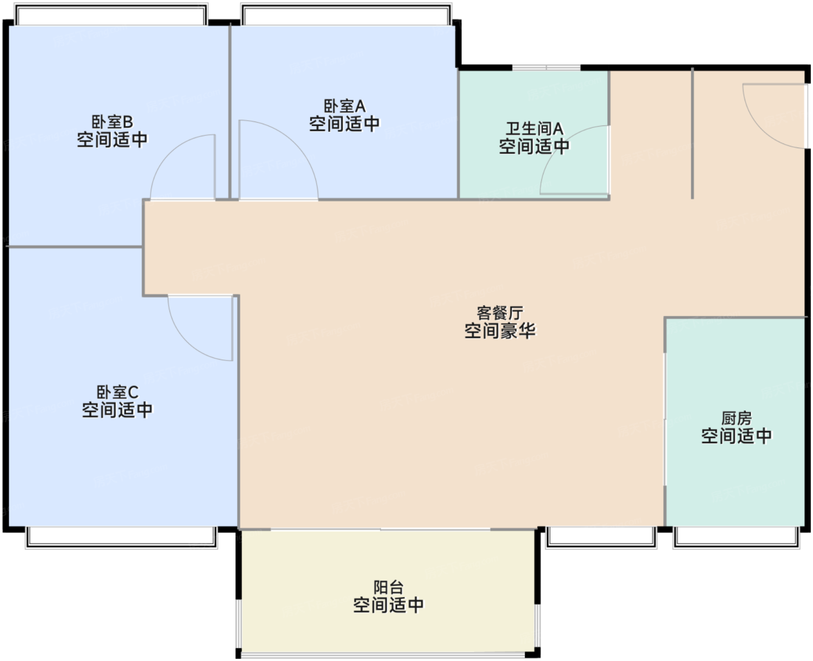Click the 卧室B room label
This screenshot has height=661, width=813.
click(112, 122)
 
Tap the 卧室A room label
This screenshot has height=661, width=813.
click(344, 106)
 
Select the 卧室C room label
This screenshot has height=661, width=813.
click(117, 392)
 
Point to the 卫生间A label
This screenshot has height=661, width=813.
click(534, 128)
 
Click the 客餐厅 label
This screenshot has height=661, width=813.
click(499, 313)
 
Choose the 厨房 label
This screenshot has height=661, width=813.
click(736, 418)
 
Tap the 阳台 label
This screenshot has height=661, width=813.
click(388, 587)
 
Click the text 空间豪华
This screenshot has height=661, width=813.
click(499, 330)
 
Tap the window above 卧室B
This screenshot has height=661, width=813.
click(111, 15)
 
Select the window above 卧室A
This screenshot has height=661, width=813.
click(347, 15)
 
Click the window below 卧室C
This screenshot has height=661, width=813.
click(121, 537)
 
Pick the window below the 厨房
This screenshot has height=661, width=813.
click(736, 537)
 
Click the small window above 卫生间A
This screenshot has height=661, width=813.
click(546, 68)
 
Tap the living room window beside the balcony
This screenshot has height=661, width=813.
click(601, 537)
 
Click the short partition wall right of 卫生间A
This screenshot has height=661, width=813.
click(692, 134)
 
